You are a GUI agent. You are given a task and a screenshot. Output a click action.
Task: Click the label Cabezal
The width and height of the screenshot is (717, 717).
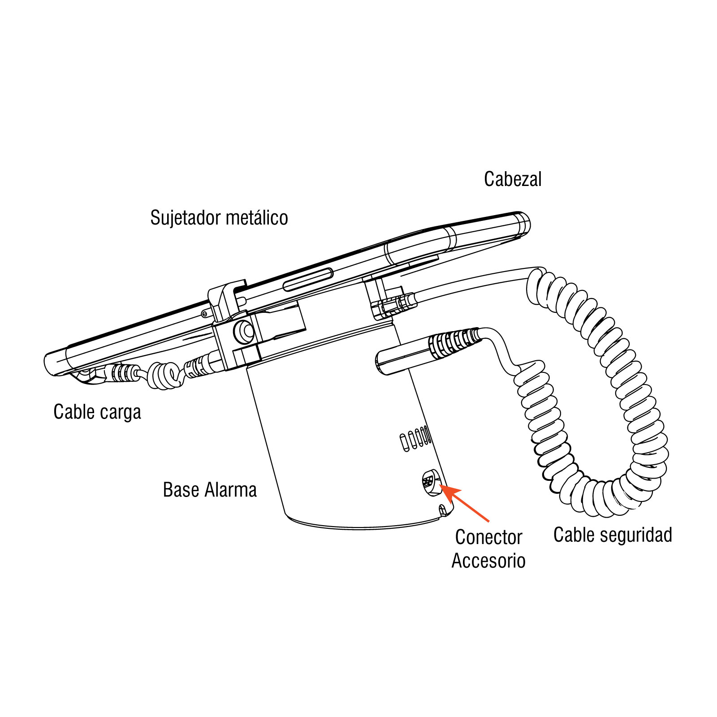point(513,179)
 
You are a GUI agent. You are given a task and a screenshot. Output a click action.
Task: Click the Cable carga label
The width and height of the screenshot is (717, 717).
point(97,412)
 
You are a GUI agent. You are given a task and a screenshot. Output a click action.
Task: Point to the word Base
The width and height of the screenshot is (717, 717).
point(181,490)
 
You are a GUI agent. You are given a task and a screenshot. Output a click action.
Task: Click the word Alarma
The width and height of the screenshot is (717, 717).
point(230,490)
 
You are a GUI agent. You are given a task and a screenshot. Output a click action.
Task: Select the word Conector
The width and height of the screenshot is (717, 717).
point(488,537)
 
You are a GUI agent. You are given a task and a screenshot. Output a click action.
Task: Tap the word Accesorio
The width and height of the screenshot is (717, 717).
point(488,561)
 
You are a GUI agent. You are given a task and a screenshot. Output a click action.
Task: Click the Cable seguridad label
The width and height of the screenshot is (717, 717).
point(613,535)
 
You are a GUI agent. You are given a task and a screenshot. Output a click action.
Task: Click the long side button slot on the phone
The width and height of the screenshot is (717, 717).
point(308,280)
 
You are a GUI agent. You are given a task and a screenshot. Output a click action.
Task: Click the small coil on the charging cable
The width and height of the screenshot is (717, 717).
point(165,375)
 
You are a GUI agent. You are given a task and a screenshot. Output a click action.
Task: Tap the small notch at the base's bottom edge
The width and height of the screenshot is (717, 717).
point(443,510)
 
